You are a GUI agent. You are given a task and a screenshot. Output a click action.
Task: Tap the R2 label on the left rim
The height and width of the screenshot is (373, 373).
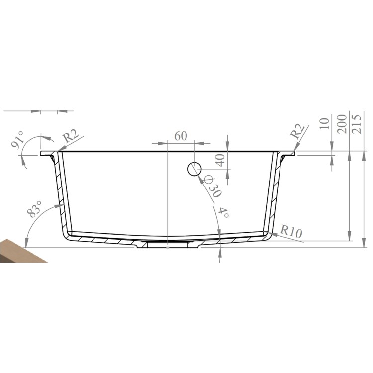pyautogui.click(x=71, y=136)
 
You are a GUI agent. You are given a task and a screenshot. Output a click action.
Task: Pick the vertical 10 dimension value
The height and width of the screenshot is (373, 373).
pyautogui.click(x=326, y=124)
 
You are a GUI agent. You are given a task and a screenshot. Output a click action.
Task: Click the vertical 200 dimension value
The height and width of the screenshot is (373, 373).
pyautogui.click(x=342, y=123)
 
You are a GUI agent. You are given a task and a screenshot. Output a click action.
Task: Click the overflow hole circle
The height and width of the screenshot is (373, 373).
pyautogui.click(x=194, y=169)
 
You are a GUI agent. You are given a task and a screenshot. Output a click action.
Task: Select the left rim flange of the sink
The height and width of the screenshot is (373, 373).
pyautogui.click(x=49, y=154)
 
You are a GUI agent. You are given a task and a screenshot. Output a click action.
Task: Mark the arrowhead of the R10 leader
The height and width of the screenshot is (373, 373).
pyautogui.click(x=271, y=233)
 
